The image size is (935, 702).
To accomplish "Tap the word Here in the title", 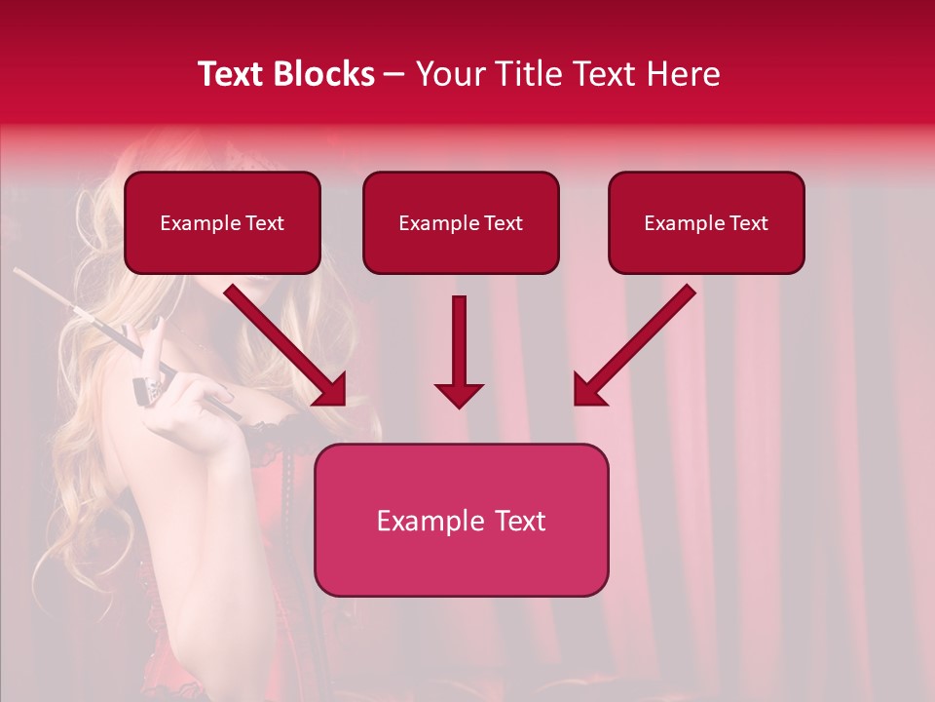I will [x=679, y=74].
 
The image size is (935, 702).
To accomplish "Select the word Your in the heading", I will [x=452, y=74].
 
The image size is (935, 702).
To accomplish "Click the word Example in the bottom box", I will [x=425, y=521].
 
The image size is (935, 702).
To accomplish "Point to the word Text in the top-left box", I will [x=264, y=223].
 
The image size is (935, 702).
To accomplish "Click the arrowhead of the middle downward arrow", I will [x=459, y=395].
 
